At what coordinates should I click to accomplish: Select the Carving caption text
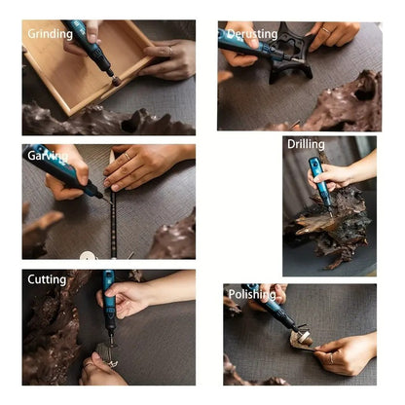click(48, 155)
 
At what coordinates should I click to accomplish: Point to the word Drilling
click(306, 144)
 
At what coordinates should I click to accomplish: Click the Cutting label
click(47, 279)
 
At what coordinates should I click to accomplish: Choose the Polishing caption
click(251, 294)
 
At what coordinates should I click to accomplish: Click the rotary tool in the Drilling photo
click(318, 179)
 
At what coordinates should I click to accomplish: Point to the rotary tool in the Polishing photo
click(273, 313)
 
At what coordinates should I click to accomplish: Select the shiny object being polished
click(302, 340)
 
